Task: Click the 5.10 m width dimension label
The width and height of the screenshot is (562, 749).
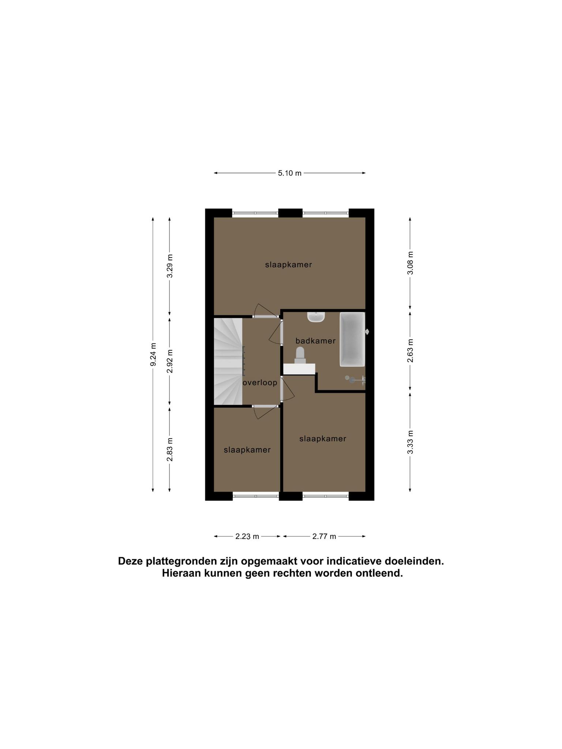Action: pyautogui.click(x=289, y=173)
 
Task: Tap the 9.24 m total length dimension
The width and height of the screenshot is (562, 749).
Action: pyautogui.click(x=153, y=354)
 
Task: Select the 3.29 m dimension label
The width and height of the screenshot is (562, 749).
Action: pyautogui.click(x=170, y=266)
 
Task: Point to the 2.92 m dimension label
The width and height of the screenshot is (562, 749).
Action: pyautogui.click(x=170, y=361)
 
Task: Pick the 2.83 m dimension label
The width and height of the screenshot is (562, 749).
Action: pyautogui.click(x=170, y=449)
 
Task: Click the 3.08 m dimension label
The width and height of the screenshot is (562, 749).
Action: pyautogui.click(x=410, y=263)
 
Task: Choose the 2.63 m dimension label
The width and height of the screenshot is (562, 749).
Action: pyautogui.click(x=410, y=351)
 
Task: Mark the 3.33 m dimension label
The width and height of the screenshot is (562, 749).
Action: pyautogui.click(x=410, y=442)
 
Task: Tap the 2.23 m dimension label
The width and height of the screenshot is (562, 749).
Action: pyautogui.click(x=247, y=537)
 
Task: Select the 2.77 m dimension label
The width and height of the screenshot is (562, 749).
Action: pyautogui.click(x=324, y=537)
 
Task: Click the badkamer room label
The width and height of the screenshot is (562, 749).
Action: pyautogui.click(x=315, y=341)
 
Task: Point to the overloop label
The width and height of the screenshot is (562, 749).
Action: pyautogui.click(x=260, y=383)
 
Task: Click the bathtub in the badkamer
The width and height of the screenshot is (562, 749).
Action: pyautogui.click(x=353, y=339)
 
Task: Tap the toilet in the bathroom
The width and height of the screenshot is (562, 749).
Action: pyautogui.click(x=300, y=355)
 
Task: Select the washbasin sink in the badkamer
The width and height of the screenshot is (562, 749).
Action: pyautogui.click(x=316, y=317)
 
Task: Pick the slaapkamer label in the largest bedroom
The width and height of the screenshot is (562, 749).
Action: pyautogui.click(x=289, y=264)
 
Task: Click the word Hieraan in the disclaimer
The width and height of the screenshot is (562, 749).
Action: pyautogui.click(x=181, y=573)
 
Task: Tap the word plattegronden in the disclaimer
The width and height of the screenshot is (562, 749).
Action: pyautogui.click(x=179, y=561)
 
